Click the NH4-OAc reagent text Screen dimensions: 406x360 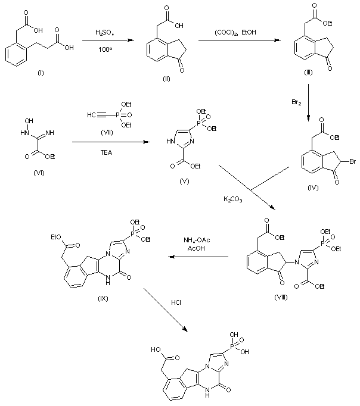198,240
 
